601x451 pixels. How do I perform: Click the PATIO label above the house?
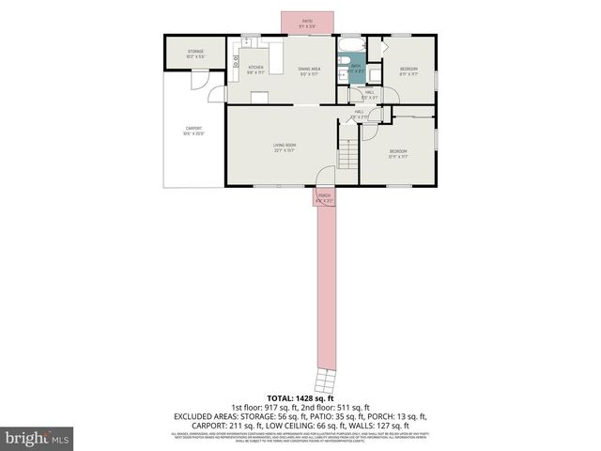click(x=307, y=22)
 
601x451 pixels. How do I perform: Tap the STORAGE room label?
click(x=195, y=53)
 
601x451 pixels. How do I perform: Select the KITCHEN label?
click(x=255, y=69)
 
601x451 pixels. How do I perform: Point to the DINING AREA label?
click(x=310, y=69)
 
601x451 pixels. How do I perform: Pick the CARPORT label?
click(x=193, y=130)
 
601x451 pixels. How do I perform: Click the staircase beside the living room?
click(x=349, y=152)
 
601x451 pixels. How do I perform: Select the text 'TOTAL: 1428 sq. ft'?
click(x=300, y=398)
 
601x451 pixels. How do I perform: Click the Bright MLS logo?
click(x=38, y=437)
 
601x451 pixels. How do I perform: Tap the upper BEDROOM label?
click(x=408, y=70)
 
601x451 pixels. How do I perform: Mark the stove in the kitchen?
click(x=237, y=64)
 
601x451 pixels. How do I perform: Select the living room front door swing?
click(x=324, y=177)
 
